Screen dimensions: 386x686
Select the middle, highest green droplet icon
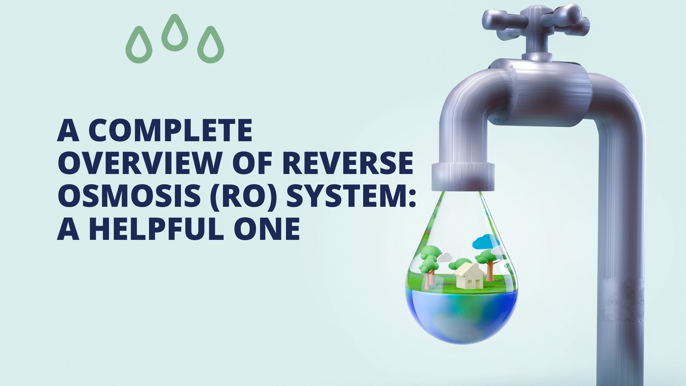point(175,33)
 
